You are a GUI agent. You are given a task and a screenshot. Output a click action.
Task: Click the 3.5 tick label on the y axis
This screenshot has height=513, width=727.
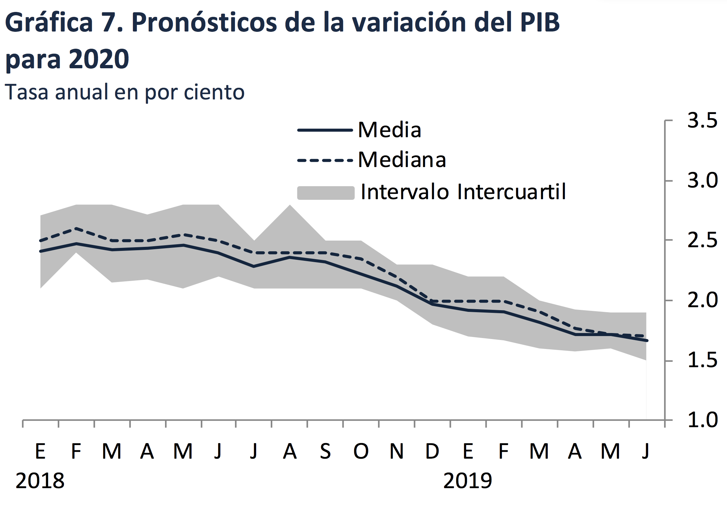[702, 121]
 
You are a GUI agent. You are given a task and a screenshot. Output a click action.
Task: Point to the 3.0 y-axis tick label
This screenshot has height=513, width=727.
[702, 181]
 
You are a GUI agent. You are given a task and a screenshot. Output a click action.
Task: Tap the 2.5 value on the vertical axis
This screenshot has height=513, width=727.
[702, 241]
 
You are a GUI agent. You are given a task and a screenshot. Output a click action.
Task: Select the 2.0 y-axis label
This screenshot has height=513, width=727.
[702, 301]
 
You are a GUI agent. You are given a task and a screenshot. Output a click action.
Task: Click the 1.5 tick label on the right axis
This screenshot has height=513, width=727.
[702, 361]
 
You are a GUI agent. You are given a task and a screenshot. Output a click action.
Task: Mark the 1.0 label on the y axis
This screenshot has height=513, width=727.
[702, 420]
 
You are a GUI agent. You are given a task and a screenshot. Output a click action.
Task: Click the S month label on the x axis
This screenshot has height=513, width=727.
[325, 451]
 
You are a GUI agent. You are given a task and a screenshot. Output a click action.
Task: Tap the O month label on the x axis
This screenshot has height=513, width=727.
[361, 451]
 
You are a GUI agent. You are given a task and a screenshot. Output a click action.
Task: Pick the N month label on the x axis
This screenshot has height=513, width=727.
[397, 451]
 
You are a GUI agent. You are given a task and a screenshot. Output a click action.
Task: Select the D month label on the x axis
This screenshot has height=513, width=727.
[432, 451]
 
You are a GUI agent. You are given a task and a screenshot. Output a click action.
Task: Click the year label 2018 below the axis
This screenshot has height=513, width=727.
[40, 481]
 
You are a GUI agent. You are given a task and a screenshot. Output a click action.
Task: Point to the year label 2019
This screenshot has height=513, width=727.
[468, 481]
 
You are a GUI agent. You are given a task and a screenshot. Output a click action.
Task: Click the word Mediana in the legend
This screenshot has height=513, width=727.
[402, 160]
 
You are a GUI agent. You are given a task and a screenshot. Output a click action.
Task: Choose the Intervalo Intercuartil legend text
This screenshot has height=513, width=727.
[463, 192]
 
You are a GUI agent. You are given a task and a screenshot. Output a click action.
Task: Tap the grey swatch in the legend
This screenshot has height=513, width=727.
[326, 193]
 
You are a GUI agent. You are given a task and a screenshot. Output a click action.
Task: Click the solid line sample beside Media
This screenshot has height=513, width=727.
[325, 130]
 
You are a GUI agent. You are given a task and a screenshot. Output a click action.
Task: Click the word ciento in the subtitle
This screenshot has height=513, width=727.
[214, 92]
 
